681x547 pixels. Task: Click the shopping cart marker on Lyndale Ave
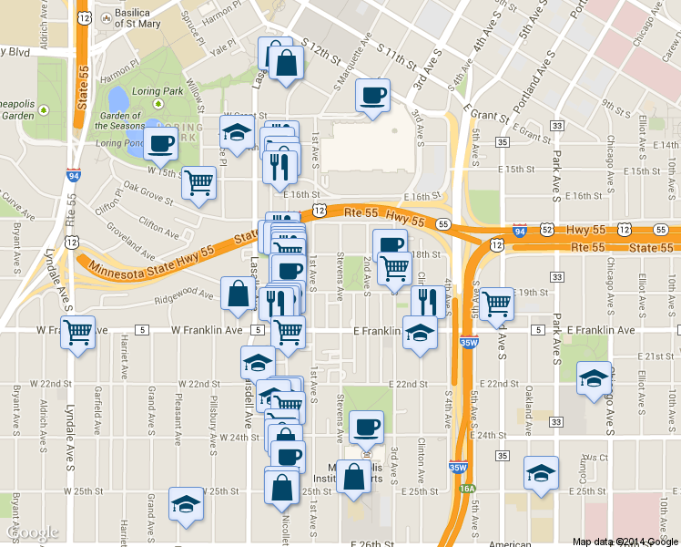(x=77, y=332)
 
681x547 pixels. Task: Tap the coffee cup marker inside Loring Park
(x=160, y=143)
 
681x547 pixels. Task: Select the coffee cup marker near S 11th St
(x=371, y=96)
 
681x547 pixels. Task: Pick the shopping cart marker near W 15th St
(x=198, y=183)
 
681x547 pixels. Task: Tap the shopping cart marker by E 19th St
(x=496, y=304)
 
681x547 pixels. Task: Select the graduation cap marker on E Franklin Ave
(x=420, y=332)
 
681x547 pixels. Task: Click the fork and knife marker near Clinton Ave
(x=427, y=300)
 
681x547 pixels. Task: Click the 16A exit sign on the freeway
(x=466, y=490)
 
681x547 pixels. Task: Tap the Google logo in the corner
(x=31, y=532)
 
